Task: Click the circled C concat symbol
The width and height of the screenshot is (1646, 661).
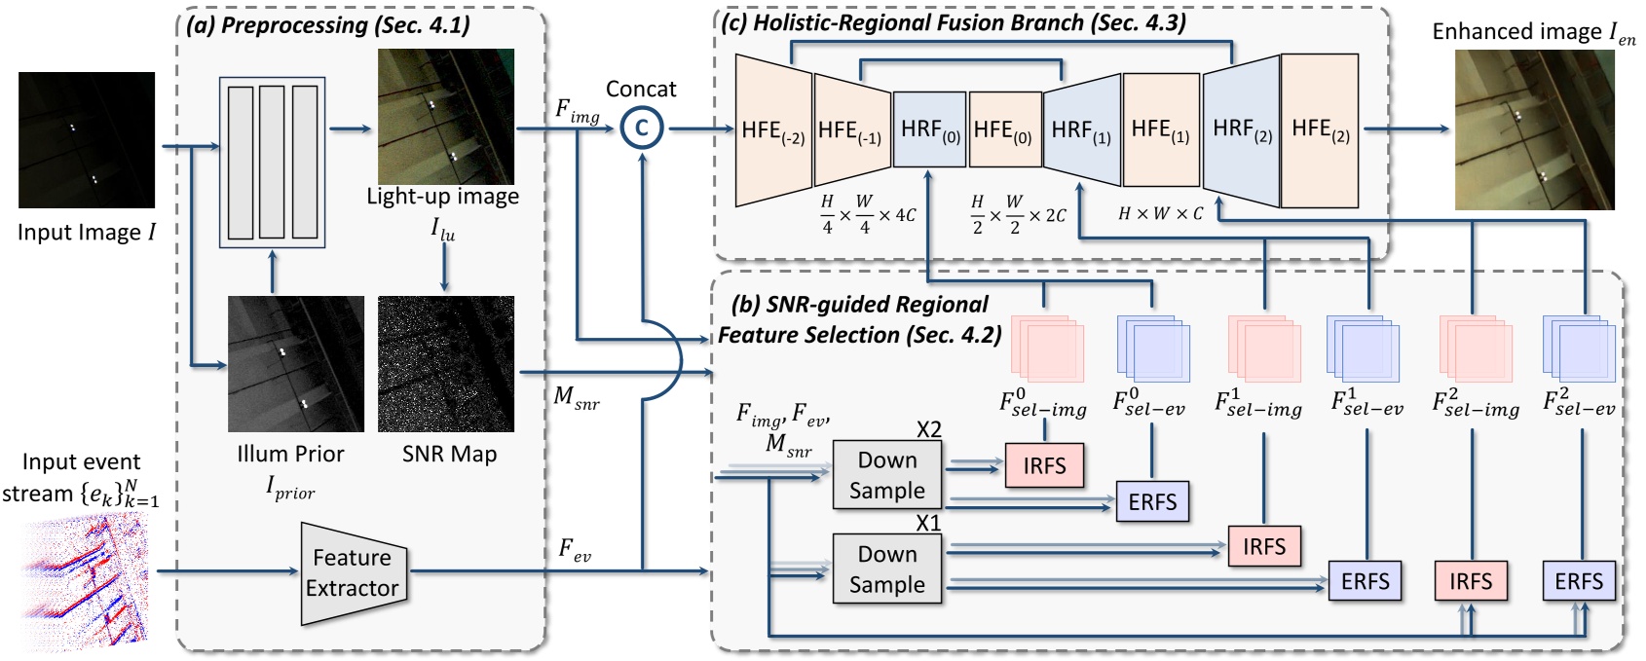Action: pyautogui.click(x=641, y=129)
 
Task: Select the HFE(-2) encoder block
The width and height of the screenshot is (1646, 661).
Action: pyautogui.click(x=773, y=130)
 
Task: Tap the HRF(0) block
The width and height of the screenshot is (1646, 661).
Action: pyautogui.click(x=929, y=129)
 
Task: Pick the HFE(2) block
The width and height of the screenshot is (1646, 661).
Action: pyautogui.click(x=1320, y=129)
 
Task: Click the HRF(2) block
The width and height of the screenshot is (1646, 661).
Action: pyautogui.click(x=1241, y=129)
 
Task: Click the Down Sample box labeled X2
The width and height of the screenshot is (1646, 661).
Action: pyautogui.click(x=887, y=475)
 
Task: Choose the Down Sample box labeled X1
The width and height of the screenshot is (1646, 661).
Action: pyautogui.click(x=887, y=569)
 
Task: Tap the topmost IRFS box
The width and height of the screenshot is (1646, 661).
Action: pyautogui.click(x=1044, y=466)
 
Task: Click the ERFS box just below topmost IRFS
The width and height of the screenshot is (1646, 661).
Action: pyautogui.click(x=1152, y=502)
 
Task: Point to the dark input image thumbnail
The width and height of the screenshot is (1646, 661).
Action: pyautogui.click(x=87, y=139)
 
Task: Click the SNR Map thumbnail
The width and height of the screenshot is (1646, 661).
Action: pyautogui.click(x=446, y=364)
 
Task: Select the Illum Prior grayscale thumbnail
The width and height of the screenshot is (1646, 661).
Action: pyautogui.click(x=296, y=364)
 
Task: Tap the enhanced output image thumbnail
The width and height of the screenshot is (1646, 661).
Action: pyautogui.click(x=1534, y=130)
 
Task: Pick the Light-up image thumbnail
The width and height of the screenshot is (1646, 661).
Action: pyautogui.click(x=446, y=117)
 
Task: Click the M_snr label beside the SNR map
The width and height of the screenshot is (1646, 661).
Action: pyautogui.click(x=576, y=396)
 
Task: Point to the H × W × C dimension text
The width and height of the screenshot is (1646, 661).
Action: pyautogui.click(x=1161, y=213)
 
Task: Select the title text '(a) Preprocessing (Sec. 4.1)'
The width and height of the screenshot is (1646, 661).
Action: pyautogui.click(x=327, y=25)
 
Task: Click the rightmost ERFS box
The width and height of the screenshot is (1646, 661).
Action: pyautogui.click(x=1578, y=582)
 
